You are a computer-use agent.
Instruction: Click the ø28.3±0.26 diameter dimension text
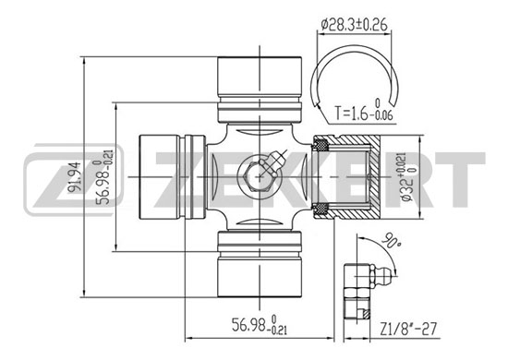[x=354, y=25]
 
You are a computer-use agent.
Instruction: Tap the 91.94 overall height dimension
[x=76, y=177]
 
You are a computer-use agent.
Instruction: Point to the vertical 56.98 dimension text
[x=103, y=177]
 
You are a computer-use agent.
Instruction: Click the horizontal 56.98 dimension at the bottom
[x=260, y=325]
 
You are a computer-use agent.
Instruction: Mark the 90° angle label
[x=391, y=241]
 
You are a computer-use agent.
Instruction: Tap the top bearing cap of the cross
[x=260, y=90]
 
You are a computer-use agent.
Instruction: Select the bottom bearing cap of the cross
[x=260, y=263]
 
